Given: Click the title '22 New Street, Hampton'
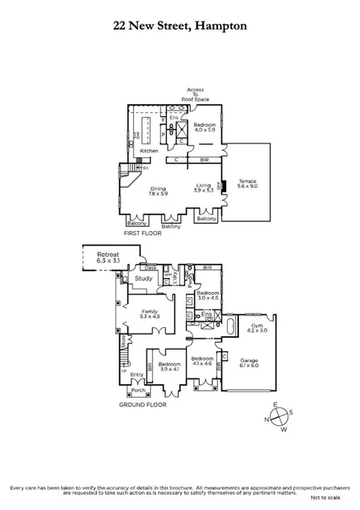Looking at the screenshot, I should [x=180, y=26].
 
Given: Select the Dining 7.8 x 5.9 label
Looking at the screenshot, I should [x=158, y=189].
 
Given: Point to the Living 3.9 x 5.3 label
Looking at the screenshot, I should [x=204, y=188].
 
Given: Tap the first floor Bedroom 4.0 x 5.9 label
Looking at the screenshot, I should [x=204, y=127].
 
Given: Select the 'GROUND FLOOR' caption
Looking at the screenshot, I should [x=145, y=406].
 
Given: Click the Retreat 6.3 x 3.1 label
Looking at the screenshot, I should [x=102, y=257].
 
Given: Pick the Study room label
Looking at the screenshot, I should [x=144, y=279].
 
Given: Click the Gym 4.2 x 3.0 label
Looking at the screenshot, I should [x=257, y=328].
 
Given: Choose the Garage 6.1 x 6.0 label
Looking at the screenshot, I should [x=250, y=363].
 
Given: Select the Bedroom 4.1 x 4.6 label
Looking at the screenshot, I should [x=202, y=361].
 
